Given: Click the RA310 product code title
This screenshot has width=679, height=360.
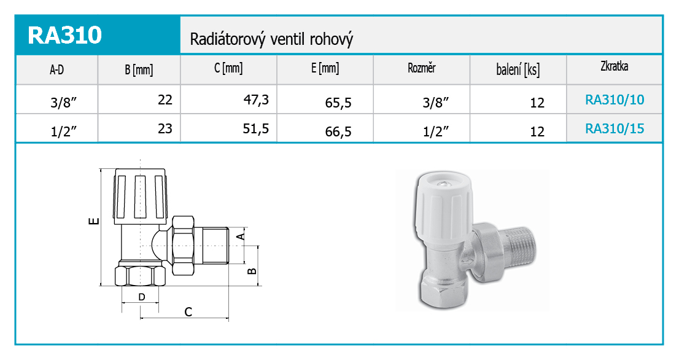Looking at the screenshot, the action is click(65, 35).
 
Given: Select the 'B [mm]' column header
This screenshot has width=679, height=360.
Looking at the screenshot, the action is click(139, 69).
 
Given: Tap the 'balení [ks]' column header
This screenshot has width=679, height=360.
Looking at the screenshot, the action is click(518, 69).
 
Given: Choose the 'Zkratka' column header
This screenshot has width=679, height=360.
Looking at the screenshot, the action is click(614, 66).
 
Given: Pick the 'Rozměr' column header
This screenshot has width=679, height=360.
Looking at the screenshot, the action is click(421, 68).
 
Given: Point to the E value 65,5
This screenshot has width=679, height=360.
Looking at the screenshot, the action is click(338, 103).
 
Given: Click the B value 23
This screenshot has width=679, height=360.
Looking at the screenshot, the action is click(165, 128).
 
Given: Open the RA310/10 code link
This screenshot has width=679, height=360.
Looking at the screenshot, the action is click(615, 100).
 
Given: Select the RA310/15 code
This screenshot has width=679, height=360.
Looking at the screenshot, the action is click(615, 128).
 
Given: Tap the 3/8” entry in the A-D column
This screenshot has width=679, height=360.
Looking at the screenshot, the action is click(64, 103).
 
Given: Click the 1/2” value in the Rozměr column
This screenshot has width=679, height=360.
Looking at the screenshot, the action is click(436, 131).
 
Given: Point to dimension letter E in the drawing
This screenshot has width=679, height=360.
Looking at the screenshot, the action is click(93, 221).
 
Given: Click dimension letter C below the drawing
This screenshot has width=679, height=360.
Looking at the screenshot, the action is click(188, 312).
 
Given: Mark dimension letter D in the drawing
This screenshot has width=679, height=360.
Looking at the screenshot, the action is click(142, 297).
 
